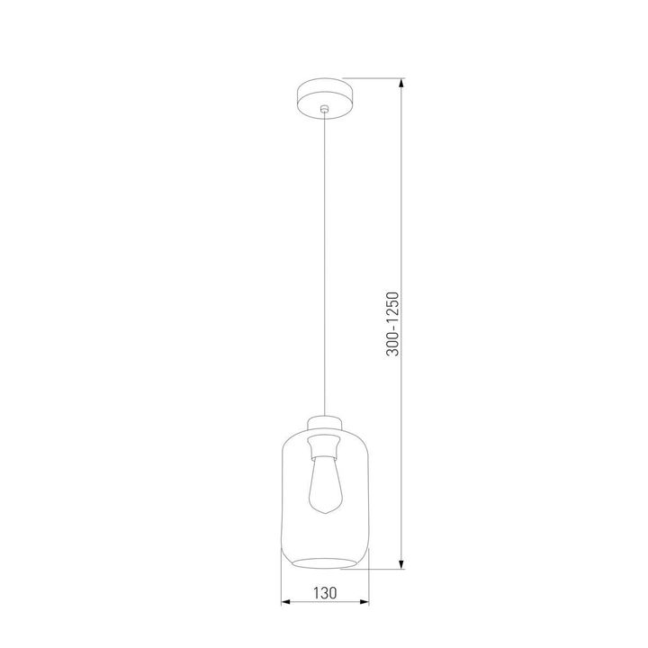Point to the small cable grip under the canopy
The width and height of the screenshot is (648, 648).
click(324, 108)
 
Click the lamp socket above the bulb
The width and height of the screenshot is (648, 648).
click(324, 446)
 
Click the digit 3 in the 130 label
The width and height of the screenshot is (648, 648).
click(324, 593)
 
